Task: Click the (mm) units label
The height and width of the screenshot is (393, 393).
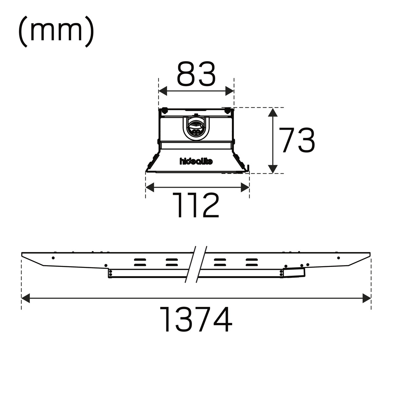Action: (56, 32)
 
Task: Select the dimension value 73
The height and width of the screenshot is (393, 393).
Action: (296, 140)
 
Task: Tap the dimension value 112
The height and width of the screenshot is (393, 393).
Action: (196, 205)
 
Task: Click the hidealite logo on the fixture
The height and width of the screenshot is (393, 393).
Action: (196, 161)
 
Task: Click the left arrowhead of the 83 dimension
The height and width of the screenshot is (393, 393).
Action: (163, 91)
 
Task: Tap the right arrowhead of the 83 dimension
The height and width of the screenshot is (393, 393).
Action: (230, 91)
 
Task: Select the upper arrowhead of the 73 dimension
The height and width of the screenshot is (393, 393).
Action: (273, 112)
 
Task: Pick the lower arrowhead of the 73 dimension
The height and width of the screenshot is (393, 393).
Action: (273, 169)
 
